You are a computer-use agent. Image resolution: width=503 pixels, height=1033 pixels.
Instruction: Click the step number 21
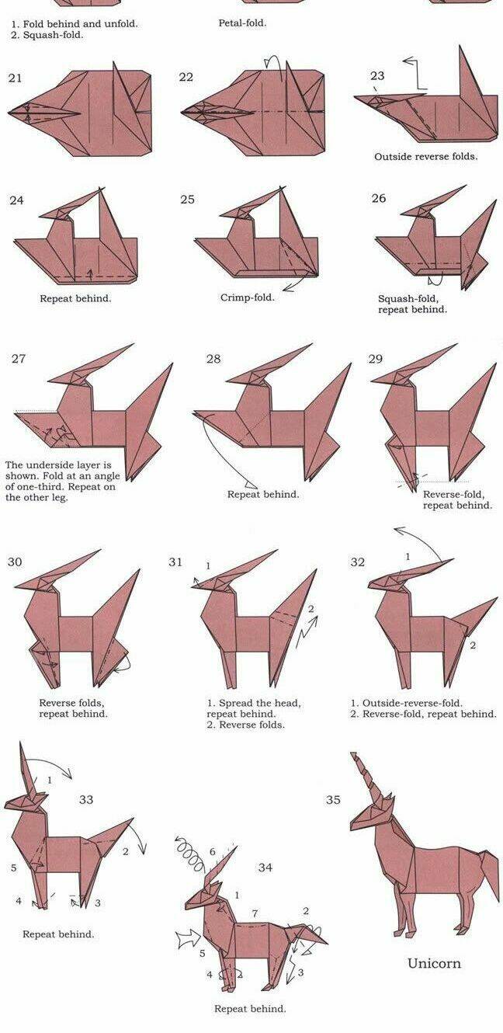[15, 78]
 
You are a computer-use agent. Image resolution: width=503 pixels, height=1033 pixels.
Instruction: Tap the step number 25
[187, 199]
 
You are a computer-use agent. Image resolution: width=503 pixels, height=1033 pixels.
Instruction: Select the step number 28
[213, 358]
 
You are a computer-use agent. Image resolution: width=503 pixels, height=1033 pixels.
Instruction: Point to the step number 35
[333, 799]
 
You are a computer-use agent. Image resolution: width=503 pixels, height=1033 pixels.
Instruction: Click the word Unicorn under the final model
[434, 963]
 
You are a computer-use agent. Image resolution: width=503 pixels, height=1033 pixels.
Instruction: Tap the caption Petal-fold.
[242, 23]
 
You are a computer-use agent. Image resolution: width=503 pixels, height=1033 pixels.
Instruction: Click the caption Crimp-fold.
[247, 297]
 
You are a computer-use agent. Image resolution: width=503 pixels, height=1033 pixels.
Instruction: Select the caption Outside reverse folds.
[425, 156]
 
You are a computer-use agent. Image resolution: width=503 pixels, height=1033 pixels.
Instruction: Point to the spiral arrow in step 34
[190, 853]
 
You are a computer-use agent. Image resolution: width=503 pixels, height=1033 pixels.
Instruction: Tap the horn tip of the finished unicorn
[352, 753]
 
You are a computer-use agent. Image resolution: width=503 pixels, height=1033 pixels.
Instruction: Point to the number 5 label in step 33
[14, 868]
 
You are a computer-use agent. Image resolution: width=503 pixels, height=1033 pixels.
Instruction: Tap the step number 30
[15, 562]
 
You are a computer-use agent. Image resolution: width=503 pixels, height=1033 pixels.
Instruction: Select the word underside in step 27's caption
[54, 464]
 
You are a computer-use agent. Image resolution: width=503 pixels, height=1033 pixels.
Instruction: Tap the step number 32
[357, 562]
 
